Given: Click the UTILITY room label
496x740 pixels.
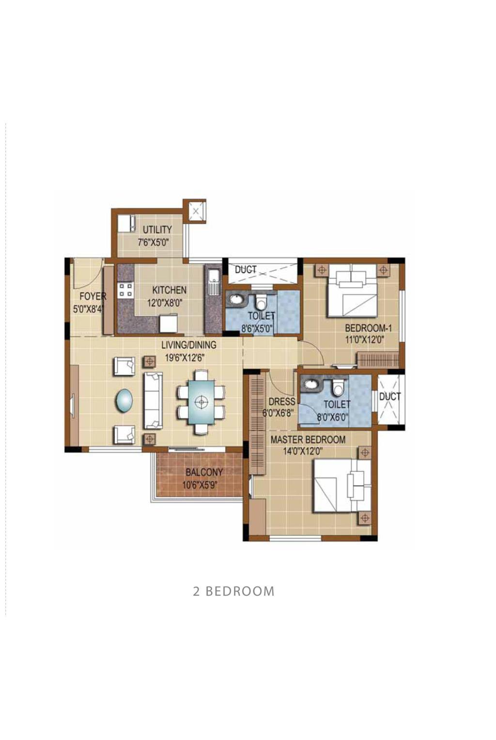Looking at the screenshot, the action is pyautogui.click(x=157, y=229).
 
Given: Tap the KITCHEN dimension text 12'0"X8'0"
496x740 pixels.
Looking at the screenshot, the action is pyautogui.click(x=165, y=303).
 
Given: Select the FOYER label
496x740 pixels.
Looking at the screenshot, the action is pyautogui.click(x=93, y=296).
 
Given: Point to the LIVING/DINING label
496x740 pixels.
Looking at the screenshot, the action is pyautogui.click(x=189, y=345).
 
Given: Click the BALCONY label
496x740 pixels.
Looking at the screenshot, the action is pyautogui.click(x=204, y=472).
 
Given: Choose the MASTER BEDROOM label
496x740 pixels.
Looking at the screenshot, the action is pyautogui.click(x=308, y=440).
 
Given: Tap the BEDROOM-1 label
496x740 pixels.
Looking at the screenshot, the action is pyautogui.click(x=369, y=328).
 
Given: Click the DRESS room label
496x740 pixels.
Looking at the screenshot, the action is pyautogui.click(x=282, y=401).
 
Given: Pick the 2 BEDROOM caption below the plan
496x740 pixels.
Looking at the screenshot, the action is pyautogui.click(x=233, y=591).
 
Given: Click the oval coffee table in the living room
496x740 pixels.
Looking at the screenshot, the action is pyautogui.click(x=124, y=400).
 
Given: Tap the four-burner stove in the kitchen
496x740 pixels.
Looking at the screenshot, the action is pyautogui.click(x=125, y=290).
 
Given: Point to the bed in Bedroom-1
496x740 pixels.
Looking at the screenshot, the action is pyautogui.click(x=352, y=291).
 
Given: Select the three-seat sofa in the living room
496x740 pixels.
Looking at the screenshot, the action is pyautogui.click(x=153, y=401).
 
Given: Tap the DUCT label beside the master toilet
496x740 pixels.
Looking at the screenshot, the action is pyautogui.click(x=390, y=397).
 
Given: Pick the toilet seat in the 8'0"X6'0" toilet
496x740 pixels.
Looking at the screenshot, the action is pyautogui.click(x=338, y=387).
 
